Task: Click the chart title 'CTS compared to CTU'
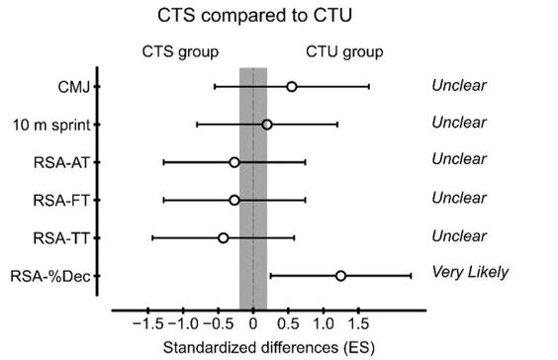(253, 17)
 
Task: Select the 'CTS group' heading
(181, 51)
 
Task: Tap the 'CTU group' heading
(343, 51)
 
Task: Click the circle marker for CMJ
(292, 87)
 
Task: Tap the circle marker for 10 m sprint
(267, 125)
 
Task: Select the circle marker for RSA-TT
(223, 237)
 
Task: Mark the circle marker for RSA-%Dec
(340, 276)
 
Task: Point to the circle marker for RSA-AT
(234, 162)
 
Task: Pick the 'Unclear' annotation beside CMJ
(458, 85)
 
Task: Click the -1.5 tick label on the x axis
(147, 323)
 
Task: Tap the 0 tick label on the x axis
(253, 323)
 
